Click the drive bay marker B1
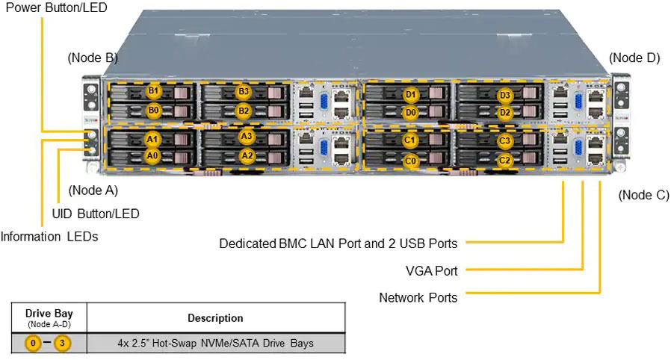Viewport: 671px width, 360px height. coord(153,91)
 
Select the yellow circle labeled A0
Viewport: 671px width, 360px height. coord(152,155)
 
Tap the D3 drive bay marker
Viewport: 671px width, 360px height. coord(505,95)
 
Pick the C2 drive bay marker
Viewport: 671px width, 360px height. coord(504,159)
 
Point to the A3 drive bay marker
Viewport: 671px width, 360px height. coord(247,137)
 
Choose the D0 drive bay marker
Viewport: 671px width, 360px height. coord(410,113)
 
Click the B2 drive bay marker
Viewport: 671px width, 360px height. coord(244,111)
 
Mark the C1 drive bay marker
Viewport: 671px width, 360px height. coord(410,140)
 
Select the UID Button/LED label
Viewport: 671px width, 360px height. coord(96,214)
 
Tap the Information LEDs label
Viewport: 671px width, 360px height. coord(49,237)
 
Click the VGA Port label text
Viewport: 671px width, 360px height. coord(432,270)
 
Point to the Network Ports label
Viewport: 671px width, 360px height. coord(418,297)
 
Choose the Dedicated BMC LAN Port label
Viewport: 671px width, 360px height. coord(338,243)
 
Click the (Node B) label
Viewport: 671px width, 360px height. coord(93,58)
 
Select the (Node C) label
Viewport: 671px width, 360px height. coord(644,195)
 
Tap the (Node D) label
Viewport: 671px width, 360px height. coord(634,58)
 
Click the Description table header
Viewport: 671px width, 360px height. coord(215,318)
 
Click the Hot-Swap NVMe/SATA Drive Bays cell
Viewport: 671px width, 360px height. coord(215,344)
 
